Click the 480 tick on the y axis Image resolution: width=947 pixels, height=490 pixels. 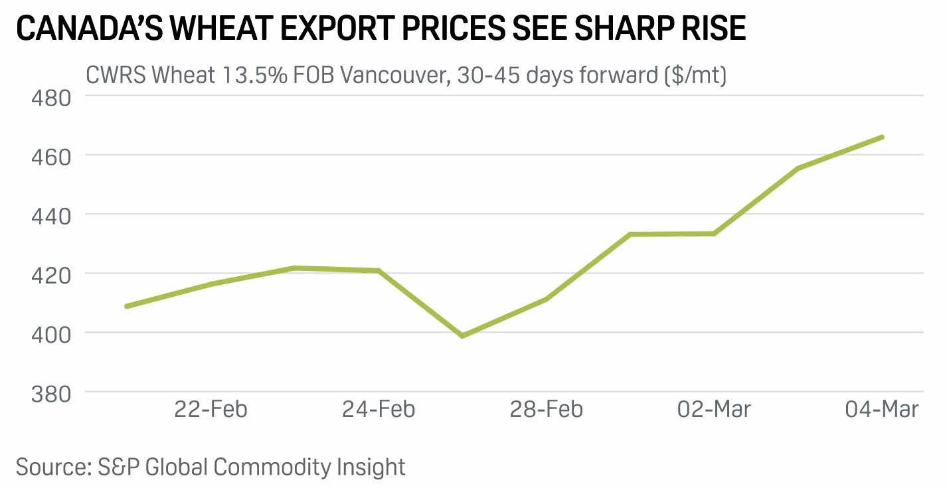coord(50,98)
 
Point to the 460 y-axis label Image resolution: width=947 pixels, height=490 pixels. coord(50,156)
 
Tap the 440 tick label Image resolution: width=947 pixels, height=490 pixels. coord(50,215)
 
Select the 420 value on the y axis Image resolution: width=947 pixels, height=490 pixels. coord(50,274)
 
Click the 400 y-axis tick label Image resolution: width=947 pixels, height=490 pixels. coord(50,333)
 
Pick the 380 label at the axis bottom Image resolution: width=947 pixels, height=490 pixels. coord(50,392)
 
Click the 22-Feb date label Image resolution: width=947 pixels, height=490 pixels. coord(211,409)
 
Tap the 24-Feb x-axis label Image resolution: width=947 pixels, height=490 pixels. coord(379,409)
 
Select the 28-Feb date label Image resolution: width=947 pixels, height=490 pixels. coord(547,409)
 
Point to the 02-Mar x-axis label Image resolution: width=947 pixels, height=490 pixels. coord(714,409)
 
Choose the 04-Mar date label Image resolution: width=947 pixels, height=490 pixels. coord(882,409)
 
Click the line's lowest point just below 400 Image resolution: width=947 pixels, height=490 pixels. coord(462,336)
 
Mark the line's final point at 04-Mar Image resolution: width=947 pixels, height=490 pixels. coord(882,137)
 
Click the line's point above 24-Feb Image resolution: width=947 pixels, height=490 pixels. coord(379,270)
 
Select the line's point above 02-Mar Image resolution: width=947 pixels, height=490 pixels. coord(714,234)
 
